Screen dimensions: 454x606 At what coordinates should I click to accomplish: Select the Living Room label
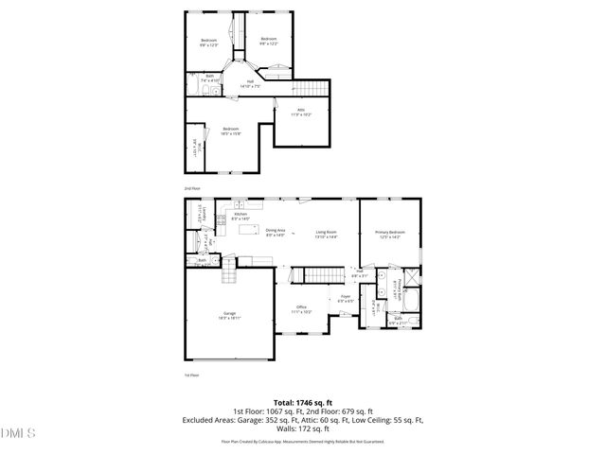pos(328,233)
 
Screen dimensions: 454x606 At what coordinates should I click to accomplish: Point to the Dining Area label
pos(276,233)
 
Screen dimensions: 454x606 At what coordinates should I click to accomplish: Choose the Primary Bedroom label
pos(389,233)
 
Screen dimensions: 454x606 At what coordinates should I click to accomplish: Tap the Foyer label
pos(346,298)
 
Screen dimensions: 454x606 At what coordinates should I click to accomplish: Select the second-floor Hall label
pos(250,83)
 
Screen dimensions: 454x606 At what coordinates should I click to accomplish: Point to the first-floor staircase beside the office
pos(310,275)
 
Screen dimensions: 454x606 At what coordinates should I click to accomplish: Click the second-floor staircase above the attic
pos(313,88)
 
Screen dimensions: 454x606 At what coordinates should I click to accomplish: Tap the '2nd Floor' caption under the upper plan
pos(191,188)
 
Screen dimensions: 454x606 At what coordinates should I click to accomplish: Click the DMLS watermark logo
pos(18,433)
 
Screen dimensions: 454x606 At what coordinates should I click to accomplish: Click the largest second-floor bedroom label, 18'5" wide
pos(231,131)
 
